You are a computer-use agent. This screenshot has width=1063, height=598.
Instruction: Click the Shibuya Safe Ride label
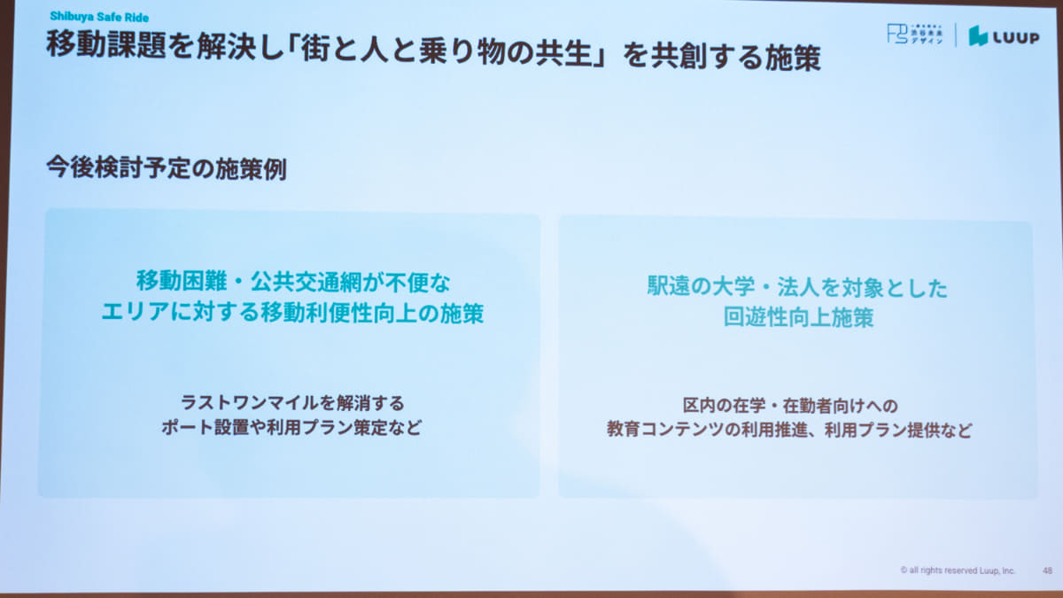(99, 16)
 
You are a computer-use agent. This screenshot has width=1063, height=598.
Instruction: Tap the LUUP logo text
(1013, 36)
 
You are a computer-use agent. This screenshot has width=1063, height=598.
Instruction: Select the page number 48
(1047, 571)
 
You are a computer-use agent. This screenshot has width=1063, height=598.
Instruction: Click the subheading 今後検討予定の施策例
(166, 169)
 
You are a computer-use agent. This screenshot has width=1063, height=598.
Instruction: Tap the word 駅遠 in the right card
(668, 288)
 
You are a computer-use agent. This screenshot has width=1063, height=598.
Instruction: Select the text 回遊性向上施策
(797, 318)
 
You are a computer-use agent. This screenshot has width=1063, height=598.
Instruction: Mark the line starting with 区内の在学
(790, 406)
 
